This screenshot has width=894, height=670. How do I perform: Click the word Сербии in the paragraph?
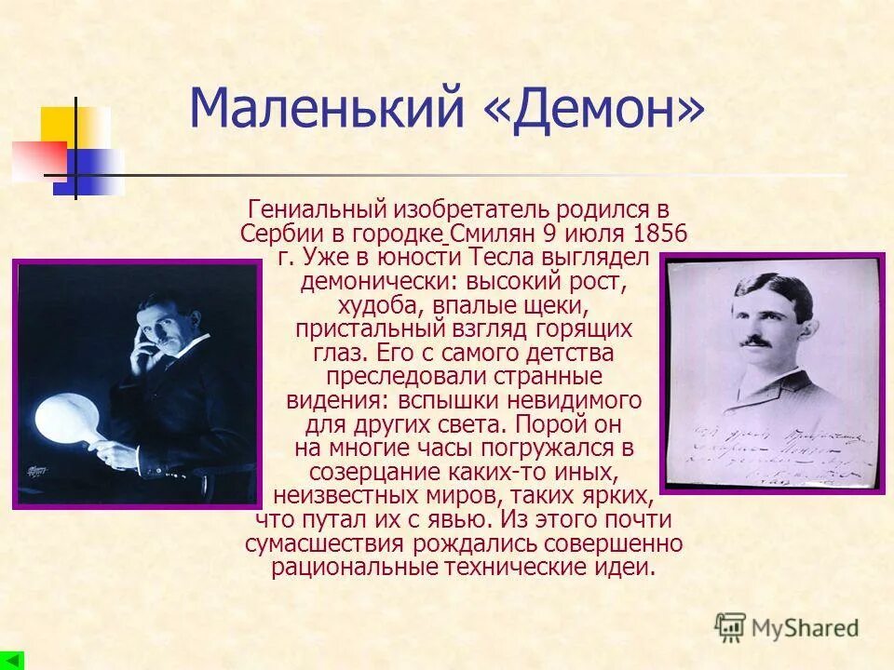point(276,233)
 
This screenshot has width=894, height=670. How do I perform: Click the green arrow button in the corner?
point(12,660)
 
